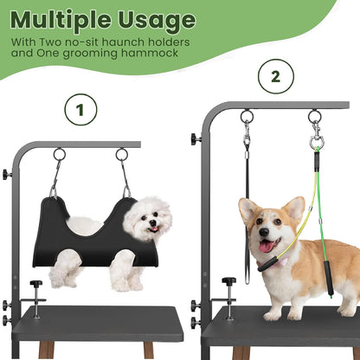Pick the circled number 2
coord(275,76)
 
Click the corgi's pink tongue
coord(264,247)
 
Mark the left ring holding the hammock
coord(59,154)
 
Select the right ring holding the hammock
coord(122,154)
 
